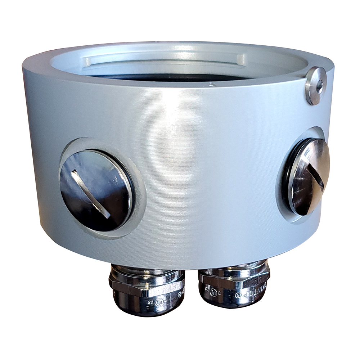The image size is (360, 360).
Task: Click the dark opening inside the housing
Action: click(x=173, y=77)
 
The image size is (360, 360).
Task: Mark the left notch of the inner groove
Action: click(x=87, y=62)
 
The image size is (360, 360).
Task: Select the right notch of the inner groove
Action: click(x=240, y=60)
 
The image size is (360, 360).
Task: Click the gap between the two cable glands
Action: click(x=191, y=288)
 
